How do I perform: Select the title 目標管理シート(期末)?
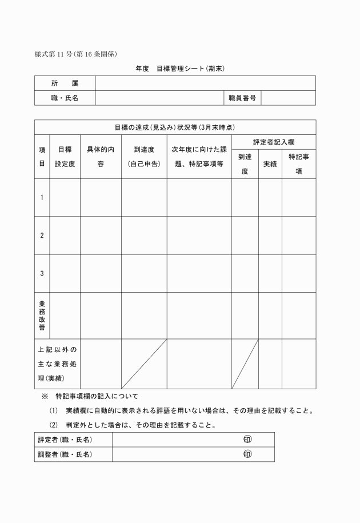click(x=181, y=69)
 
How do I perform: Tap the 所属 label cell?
click(x=65, y=83)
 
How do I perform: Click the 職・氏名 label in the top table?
click(x=65, y=98)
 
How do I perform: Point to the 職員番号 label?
click(x=242, y=98)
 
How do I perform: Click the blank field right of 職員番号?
click(x=288, y=98)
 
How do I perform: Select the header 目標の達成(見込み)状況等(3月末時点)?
click(x=175, y=127)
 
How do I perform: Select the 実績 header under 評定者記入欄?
click(x=270, y=165)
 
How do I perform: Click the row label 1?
click(x=42, y=197)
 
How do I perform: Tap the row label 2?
click(x=42, y=235)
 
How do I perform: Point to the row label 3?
click(x=42, y=273)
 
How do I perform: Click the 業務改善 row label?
click(x=42, y=315)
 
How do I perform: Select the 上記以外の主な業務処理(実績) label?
click(x=57, y=364)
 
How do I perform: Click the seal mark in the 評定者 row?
click(x=247, y=440)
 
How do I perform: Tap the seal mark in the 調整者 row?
click(x=247, y=454)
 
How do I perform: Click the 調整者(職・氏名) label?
click(x=65, y=454)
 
